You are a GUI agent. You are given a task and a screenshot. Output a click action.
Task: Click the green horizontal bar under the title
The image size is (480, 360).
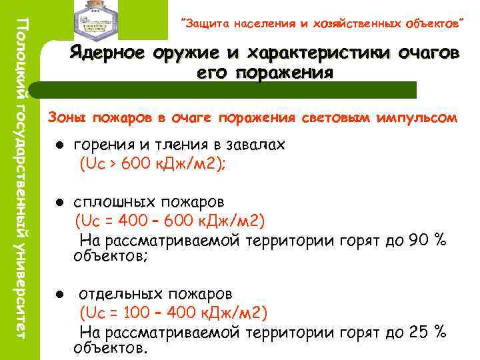tap(227, 89)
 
